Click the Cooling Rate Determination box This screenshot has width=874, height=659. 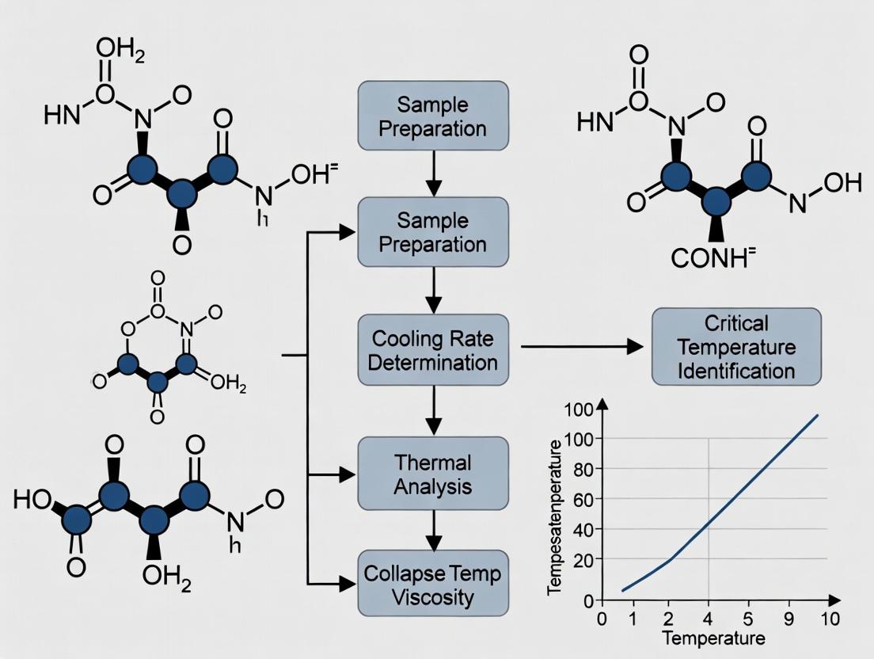pos(432,350)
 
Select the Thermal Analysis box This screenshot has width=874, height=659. pos(432,473)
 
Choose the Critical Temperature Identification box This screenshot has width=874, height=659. pos(736,347)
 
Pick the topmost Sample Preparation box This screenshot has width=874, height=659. pos(432,116)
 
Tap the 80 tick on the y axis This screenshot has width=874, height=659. pos(582,468)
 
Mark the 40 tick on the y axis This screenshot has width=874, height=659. pos(582,528)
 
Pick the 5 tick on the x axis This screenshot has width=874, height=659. pos(743,619)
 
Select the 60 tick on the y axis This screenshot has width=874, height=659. pos(582,498)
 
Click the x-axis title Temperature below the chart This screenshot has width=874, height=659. pos(713,638)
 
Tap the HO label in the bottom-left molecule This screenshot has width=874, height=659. pos(31,500)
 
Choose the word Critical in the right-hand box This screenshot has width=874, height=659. pos(735,324)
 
